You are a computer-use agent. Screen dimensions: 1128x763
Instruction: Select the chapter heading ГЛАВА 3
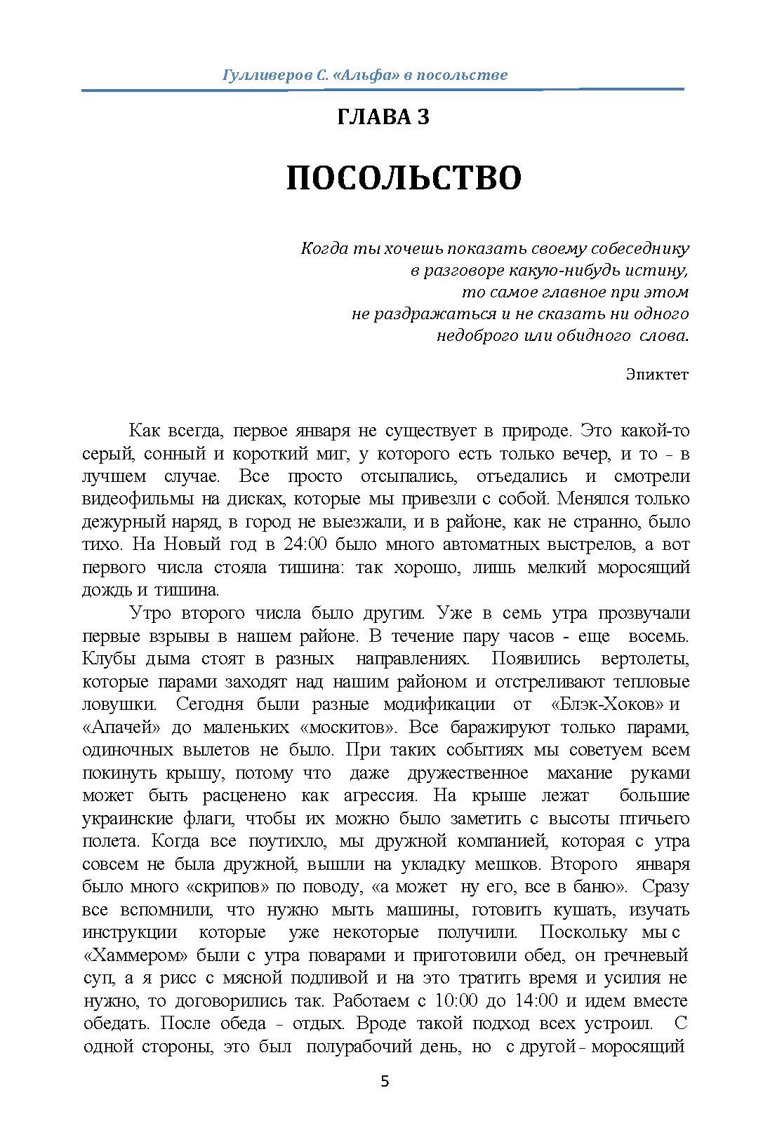point(383,117)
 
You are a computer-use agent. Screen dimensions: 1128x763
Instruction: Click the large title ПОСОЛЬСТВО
point(404,179)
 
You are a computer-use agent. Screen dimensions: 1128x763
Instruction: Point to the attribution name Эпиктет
point(657,374)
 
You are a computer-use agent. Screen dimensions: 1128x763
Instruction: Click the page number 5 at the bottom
point(384,1081)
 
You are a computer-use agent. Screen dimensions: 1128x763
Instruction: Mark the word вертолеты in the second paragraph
point(645,659)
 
